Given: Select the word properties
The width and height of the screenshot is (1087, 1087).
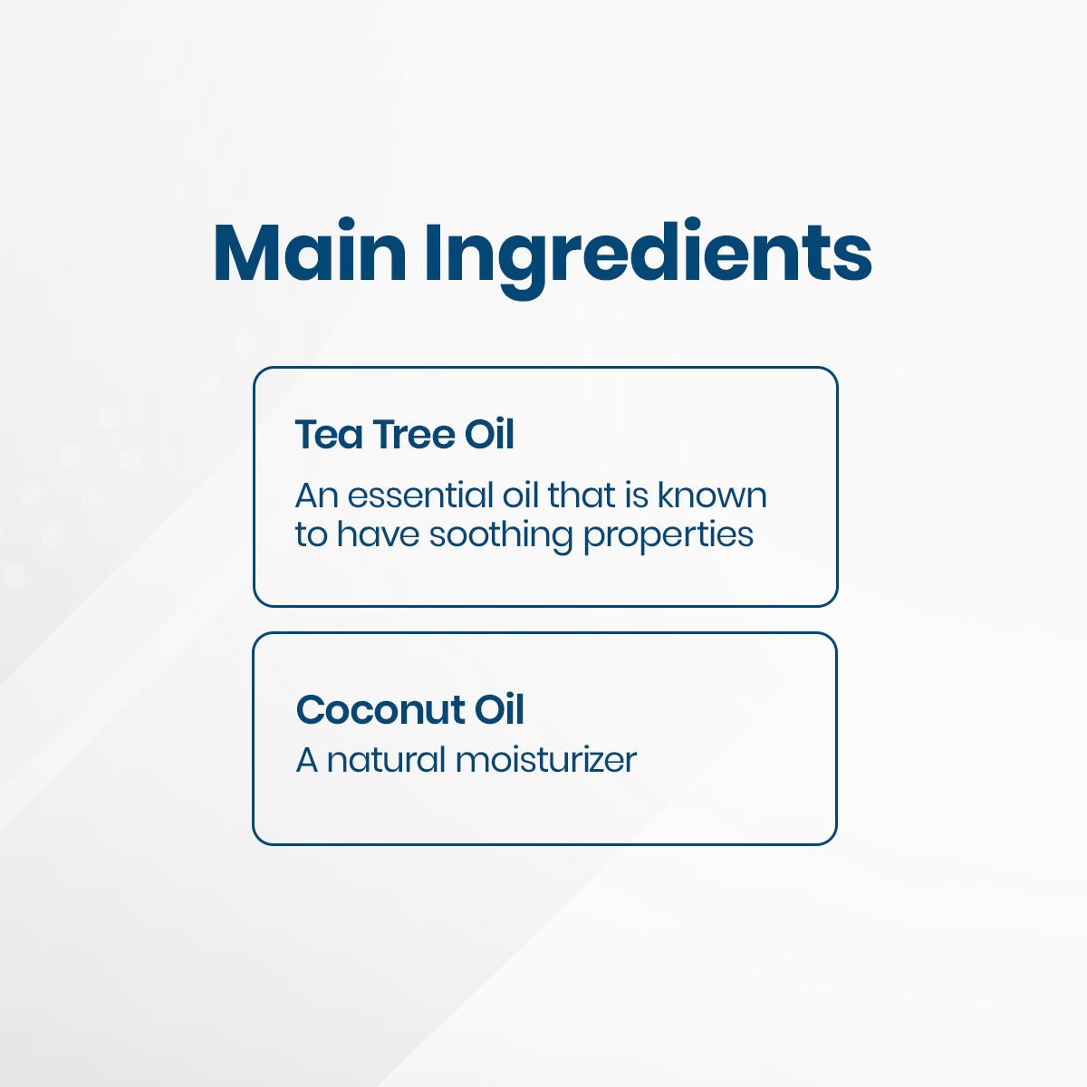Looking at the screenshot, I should click(669, 535).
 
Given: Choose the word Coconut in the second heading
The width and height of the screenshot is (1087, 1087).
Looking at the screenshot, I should click(380, 709).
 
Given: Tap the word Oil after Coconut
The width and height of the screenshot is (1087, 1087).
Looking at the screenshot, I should click(499, 709).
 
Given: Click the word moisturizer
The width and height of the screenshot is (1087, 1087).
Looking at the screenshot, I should click(545, 759).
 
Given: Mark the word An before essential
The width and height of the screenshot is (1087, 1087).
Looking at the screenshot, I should click(317, 495).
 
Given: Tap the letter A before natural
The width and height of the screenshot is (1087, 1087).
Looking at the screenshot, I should click(307, 759).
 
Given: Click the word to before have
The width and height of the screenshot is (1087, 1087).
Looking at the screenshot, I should click(311, 534).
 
